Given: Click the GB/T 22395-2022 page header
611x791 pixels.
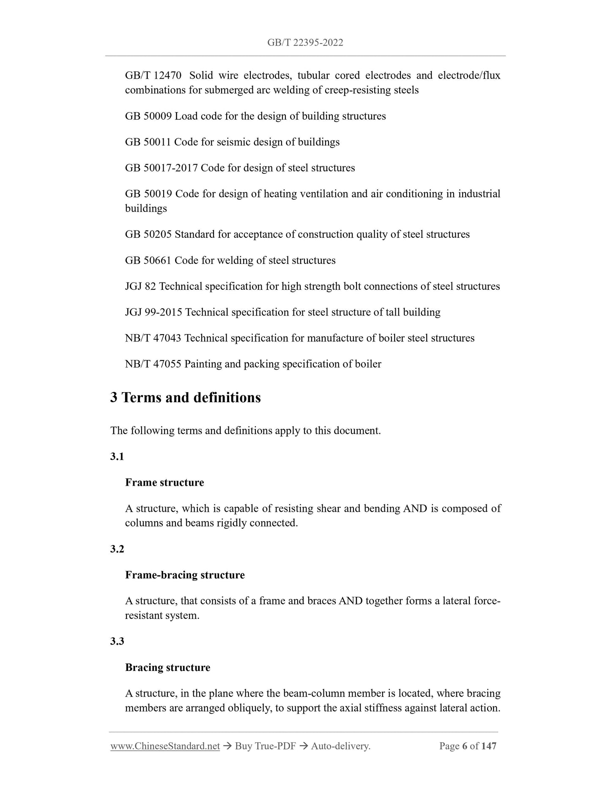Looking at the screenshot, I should click(x=305, y=42).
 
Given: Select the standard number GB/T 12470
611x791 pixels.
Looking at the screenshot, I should click(x=153, y=76).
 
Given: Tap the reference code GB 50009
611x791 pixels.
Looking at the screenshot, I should click(x=148, y=116).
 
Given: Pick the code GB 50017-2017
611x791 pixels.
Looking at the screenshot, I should click(x=161, y=168).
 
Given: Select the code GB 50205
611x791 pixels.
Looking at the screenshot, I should click(x=148, y=234).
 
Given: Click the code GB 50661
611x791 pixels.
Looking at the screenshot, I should click(x=148, y=260).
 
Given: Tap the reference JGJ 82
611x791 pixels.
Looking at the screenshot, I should click(x=140, y=286).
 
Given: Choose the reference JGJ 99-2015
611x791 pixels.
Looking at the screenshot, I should click(x=153, y=312).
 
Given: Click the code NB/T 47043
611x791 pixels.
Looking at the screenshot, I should click(x=153, y=338).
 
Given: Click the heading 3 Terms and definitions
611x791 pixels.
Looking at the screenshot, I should click(x=185, y=398).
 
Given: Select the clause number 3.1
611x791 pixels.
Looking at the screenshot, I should click(x=117, y=457).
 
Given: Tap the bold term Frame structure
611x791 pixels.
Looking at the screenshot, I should click(x=164, y=483).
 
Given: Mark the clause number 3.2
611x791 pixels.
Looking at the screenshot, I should click(x=117, y=549).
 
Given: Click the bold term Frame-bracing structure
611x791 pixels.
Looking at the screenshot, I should click(x=185, y=575).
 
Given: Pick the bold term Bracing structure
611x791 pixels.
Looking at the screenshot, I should click(x=167, y=667).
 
